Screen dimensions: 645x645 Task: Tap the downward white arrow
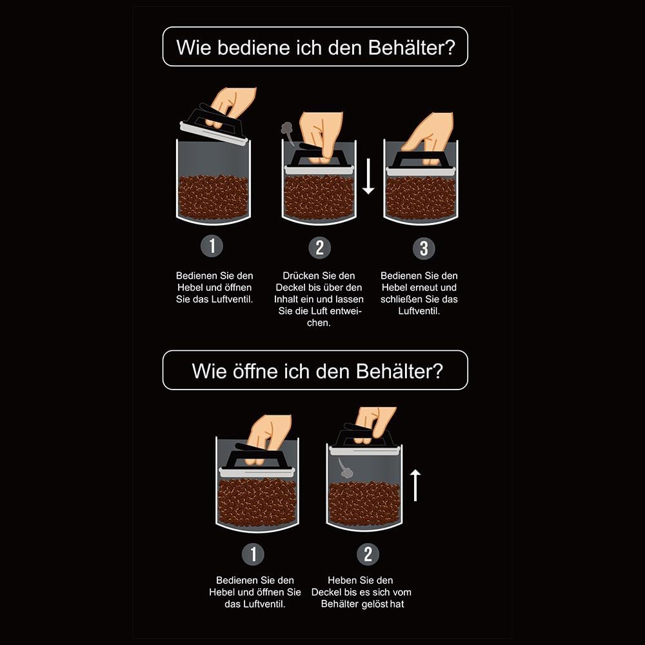[368, 176]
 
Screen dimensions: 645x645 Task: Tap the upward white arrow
[415, 486]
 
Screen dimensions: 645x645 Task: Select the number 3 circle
[424, 248]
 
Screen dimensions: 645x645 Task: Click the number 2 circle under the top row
[320, 248]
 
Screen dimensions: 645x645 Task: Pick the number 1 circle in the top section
[212, 246]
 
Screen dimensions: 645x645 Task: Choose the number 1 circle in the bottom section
[253, 553]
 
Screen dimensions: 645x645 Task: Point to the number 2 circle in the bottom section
[368, 553]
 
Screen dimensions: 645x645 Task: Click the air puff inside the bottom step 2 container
[344, 468]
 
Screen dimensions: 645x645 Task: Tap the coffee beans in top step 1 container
[213, 197]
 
